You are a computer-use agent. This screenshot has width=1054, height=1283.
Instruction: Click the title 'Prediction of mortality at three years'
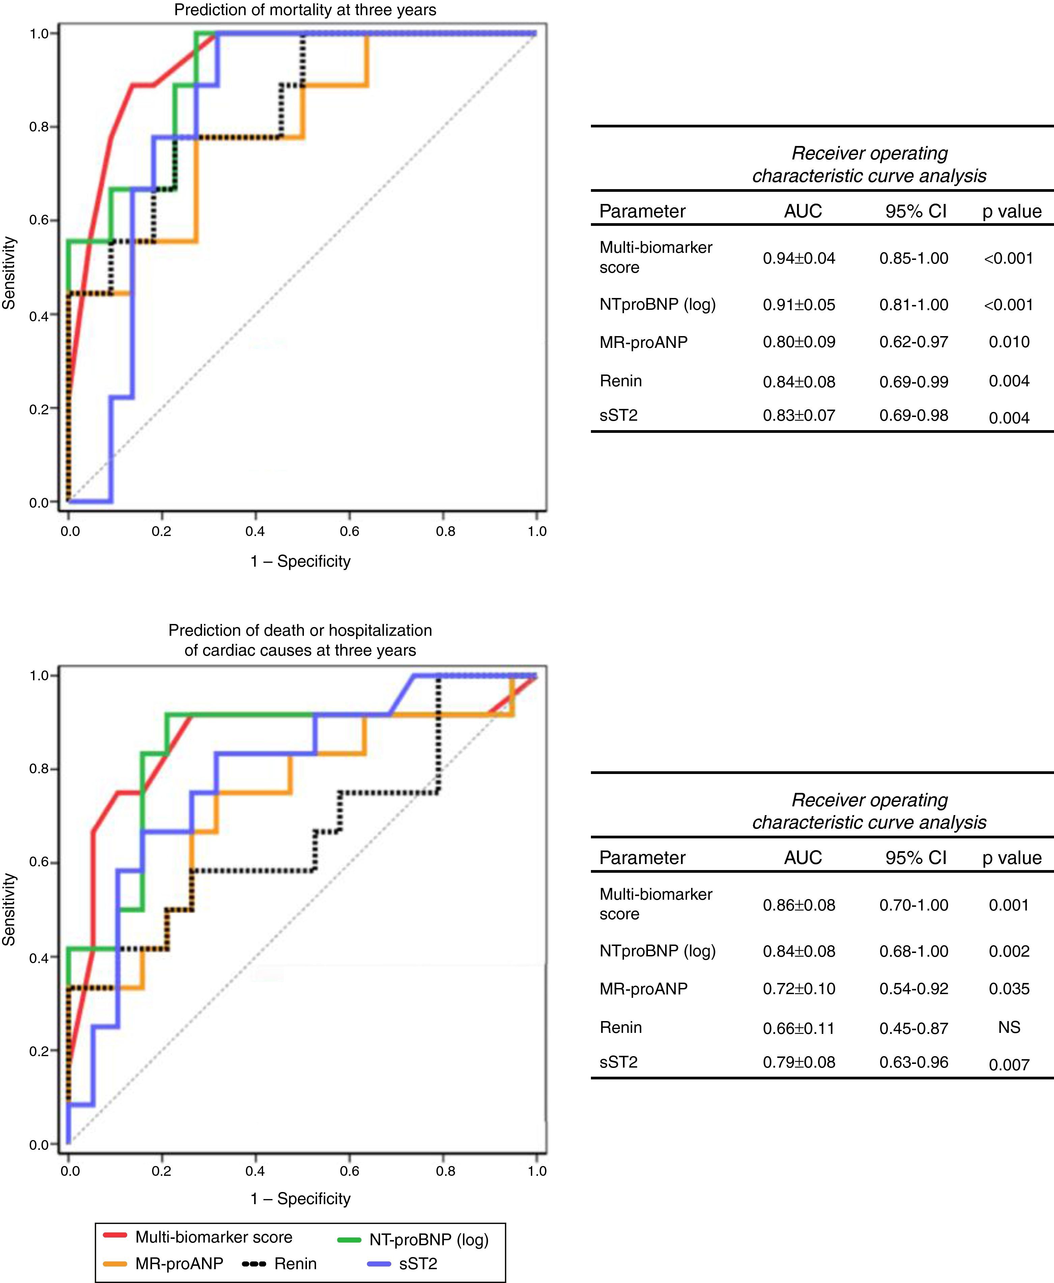(305, 10)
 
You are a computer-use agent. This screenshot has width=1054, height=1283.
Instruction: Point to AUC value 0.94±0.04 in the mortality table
(799, 259)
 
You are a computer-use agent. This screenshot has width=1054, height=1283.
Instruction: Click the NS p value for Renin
(1009, 1027)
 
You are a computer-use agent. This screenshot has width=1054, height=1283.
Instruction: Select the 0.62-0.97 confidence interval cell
(914, 342)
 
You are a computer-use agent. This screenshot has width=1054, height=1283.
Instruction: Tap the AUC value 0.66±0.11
(799, 1028)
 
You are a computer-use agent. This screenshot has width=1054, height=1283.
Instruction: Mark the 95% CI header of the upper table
(916, 211)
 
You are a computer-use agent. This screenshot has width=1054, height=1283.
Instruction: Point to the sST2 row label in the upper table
(619, 416)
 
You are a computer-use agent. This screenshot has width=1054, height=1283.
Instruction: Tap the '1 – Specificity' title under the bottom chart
(301, 1199)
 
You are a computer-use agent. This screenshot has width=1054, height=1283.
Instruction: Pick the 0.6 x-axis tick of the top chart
(350, 532)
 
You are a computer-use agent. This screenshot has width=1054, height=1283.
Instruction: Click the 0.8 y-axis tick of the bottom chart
(39, 770)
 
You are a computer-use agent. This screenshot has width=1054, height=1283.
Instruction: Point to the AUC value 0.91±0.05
(799, 305)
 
